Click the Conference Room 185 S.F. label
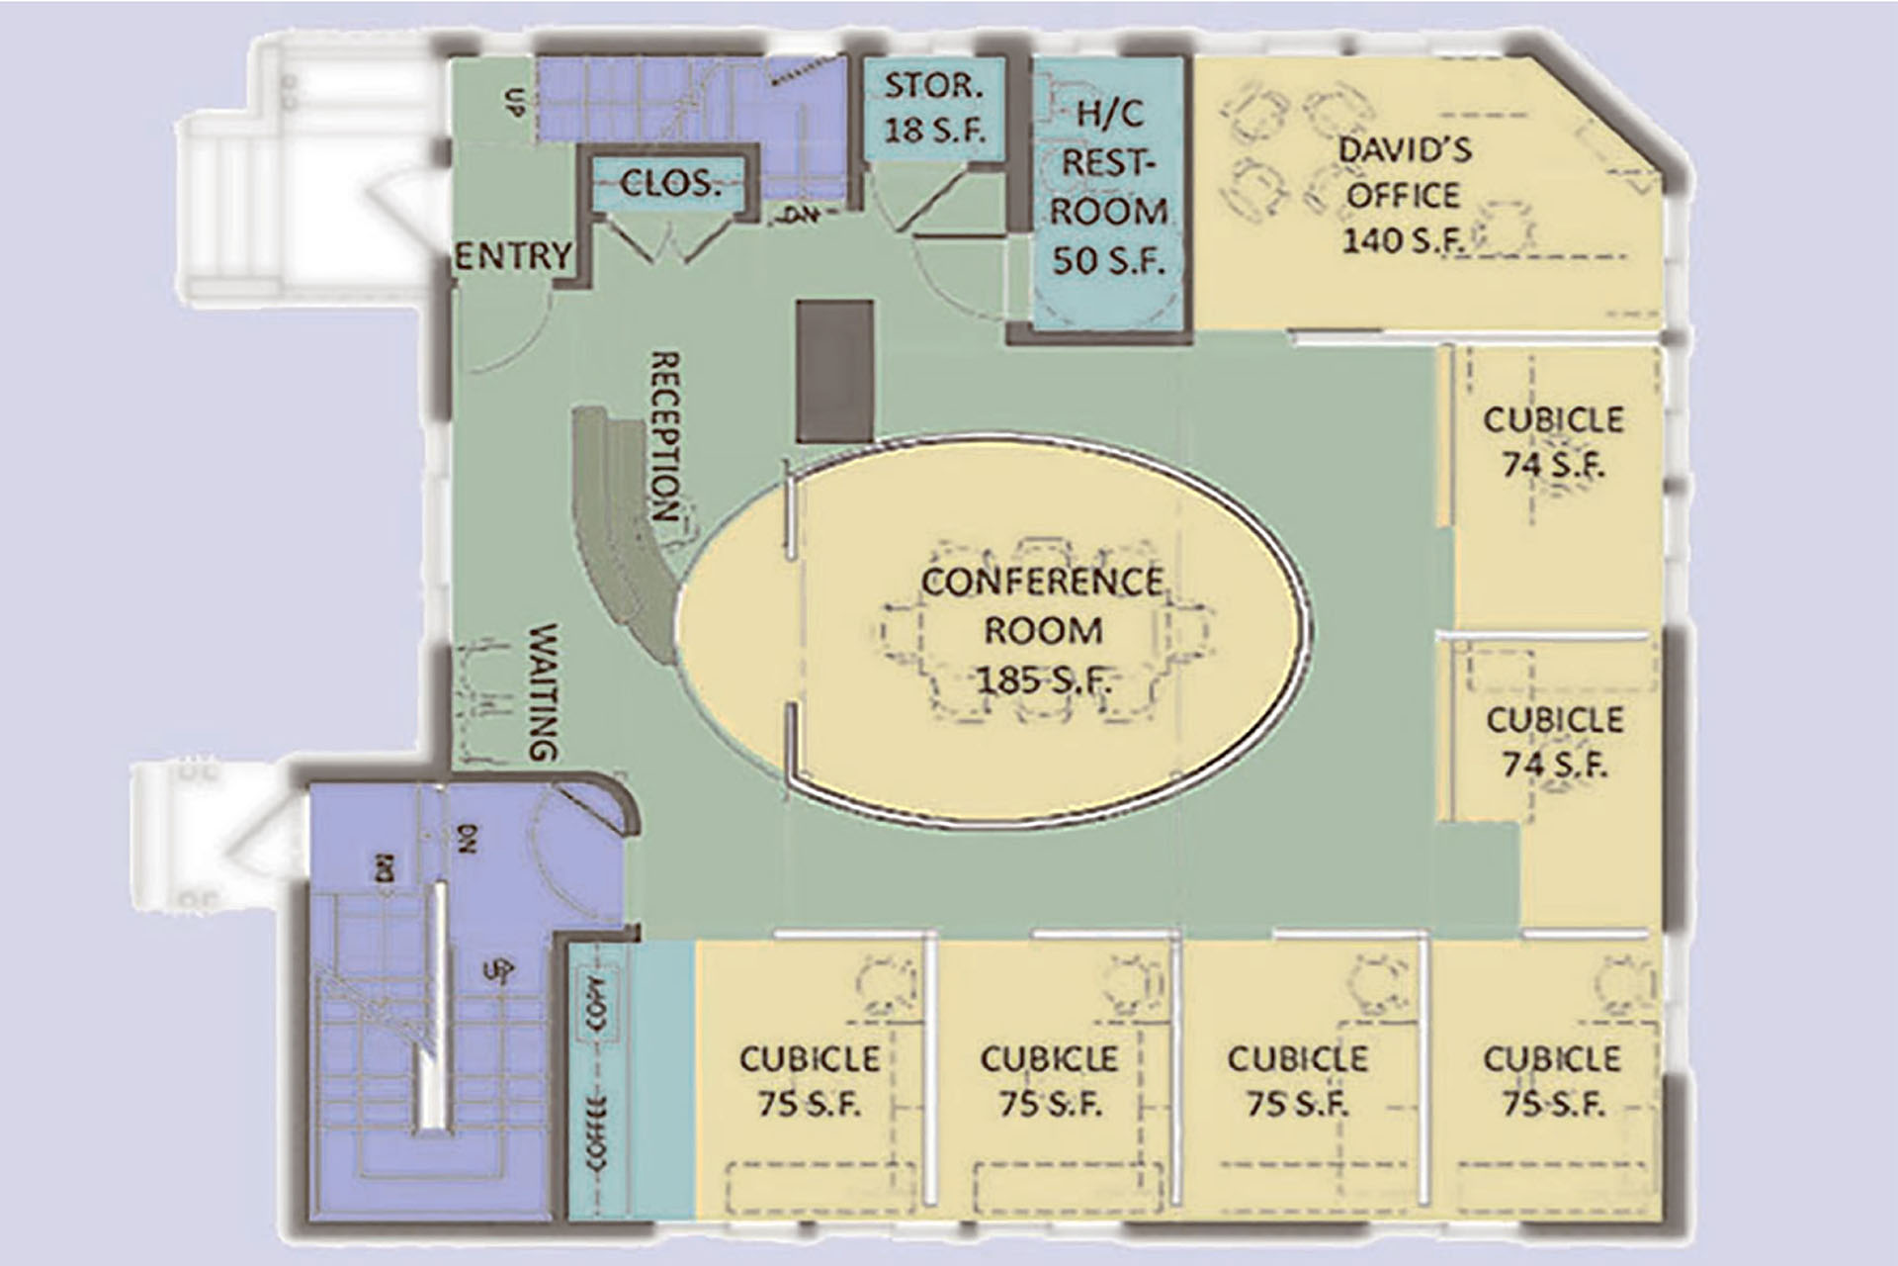coord(1043,630)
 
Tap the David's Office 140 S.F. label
coord(1404,196)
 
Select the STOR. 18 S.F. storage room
coord(933,107)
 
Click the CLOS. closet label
coord(670,183)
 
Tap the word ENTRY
coord(513,256)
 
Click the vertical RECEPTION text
coord(665,436)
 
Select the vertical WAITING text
coord(543,691)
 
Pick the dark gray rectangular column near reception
coord(835,371)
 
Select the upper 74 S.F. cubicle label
coord(1553,441)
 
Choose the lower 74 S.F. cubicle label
coord(1554,741)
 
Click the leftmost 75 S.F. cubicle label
coord(810,1080)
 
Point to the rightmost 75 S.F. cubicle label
coord(1552,1080)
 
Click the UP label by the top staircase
coord(514,101)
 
